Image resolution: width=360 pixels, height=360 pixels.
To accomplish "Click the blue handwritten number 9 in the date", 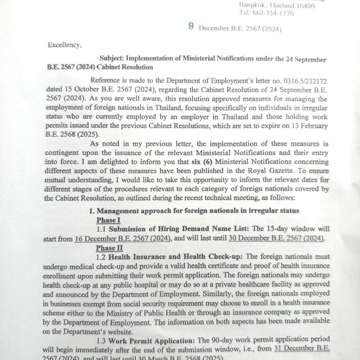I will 191,26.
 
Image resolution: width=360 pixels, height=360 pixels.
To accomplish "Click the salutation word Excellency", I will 64,45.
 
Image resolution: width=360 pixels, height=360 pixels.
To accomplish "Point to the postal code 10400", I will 305,6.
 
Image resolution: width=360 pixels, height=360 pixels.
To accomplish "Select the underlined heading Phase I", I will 109,220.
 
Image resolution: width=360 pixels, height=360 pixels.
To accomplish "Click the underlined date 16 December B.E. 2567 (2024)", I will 123,239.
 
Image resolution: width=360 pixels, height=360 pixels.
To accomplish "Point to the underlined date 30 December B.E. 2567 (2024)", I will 276,239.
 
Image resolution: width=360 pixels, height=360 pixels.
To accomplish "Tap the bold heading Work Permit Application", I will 152,340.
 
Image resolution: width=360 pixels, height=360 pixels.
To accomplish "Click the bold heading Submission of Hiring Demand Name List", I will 179,229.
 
